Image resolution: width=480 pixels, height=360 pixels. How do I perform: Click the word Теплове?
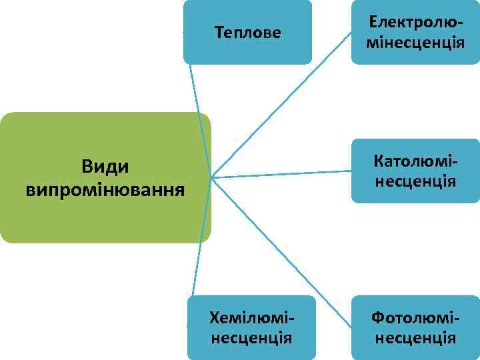tap(247, 32)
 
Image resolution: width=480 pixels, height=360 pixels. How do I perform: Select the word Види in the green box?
tap(105, 165)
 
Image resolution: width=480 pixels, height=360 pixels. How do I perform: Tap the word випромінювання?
tap(105, 190)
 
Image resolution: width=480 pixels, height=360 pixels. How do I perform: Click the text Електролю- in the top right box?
tap(415, 22)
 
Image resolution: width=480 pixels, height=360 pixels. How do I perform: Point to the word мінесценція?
tap(415, 43)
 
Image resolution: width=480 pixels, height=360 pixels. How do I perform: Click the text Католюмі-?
tap(415, 161)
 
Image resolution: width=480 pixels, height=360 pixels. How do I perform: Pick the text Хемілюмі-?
tap(251, 316)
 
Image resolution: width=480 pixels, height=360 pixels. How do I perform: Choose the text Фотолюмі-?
tap(415, 316)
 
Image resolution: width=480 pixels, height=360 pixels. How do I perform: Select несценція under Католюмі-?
tap(415, 181)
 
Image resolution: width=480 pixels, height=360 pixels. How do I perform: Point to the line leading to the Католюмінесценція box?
tap(280, 174)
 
